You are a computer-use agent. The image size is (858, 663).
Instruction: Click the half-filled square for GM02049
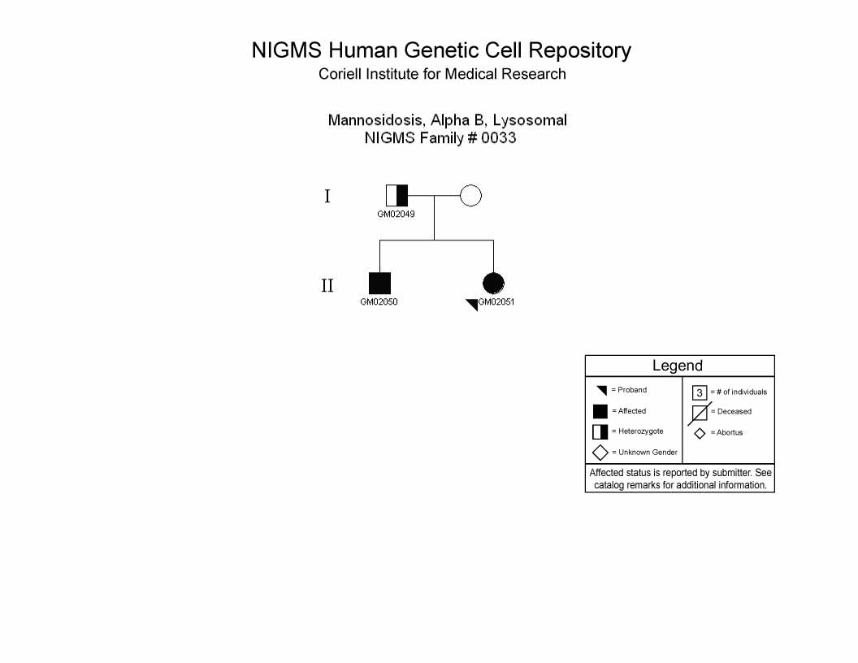coord(396,195)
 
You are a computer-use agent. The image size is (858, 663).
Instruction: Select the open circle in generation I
coord(470,195)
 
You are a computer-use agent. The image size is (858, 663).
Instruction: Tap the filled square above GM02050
coord(379,284)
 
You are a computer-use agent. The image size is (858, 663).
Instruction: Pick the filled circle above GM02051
coord(493,284)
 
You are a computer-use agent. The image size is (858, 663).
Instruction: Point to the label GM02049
coord(396,214)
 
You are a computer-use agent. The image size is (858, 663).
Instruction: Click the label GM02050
coord(379,301)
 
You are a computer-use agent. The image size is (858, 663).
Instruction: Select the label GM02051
coord(496,301)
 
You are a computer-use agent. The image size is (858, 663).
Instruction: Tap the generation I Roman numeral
coord(327,196)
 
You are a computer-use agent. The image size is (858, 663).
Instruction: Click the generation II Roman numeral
coord(327,285)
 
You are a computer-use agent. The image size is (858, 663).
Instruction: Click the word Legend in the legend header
coord(678,366)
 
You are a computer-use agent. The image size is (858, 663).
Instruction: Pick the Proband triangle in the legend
coord(602,390)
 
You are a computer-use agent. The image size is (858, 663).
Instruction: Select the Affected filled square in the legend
coord(600,411)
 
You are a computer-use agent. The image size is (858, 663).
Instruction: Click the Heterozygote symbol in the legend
coord(600,431)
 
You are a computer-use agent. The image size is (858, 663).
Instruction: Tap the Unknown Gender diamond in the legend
coord(600,453)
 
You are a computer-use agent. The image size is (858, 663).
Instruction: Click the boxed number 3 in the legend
coord(700,392)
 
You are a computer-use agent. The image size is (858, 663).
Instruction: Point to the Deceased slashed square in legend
coord(700,413)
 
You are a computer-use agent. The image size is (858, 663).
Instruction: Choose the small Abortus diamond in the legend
coord(700,433)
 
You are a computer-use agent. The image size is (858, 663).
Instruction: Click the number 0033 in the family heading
coord(499,138)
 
